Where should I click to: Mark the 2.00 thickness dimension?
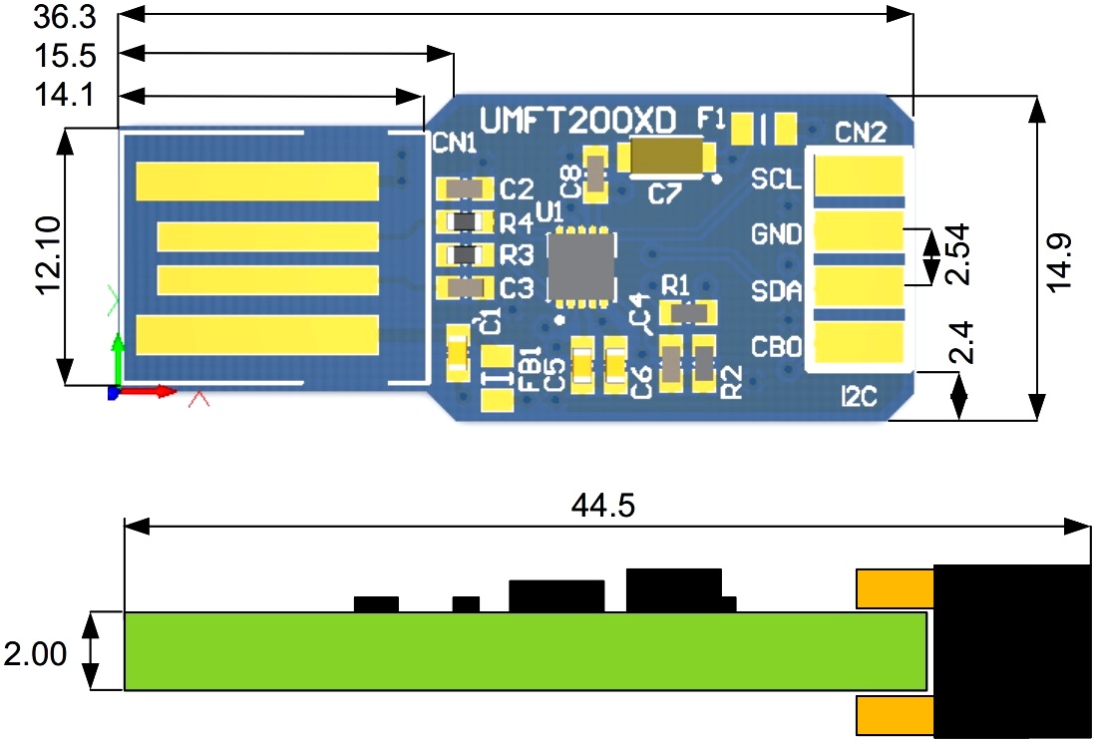coord(37,654)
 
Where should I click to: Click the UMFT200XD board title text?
coord(578,121)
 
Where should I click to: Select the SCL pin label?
coord(776,181)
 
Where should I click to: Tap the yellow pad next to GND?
coord(858,235)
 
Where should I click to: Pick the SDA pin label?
coord(777,292)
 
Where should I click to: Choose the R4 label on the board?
coord(518,221)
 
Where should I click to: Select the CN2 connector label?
coord(861,132)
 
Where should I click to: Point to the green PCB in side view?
coord(525,650)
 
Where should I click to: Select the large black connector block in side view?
coord(1009,649)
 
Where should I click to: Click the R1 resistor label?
coord(677,284)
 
